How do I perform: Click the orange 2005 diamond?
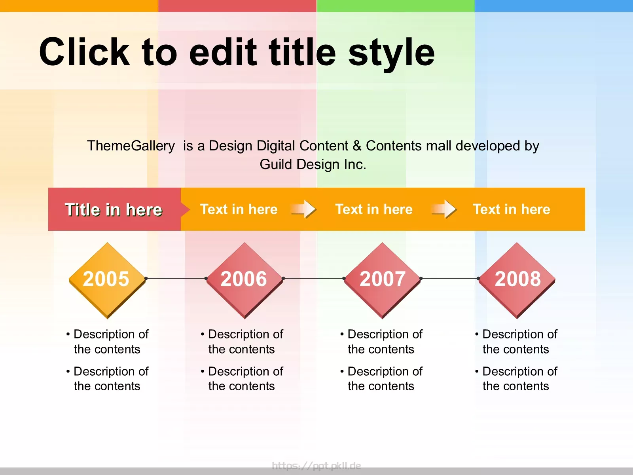pyautogui.click(x=107, y=280)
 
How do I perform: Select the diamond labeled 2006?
pyautogui.click(x=244, y=280)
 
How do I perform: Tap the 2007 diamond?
pyautogui.click(x=383, y=280)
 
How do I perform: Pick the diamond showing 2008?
pyautogui.click(x=517, y=280)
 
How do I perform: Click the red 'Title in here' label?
pyautogui.click(x=114, y=209)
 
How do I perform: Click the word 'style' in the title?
pyautogui.click(x=391, y=54)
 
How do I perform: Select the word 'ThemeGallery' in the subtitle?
pyautogui.click(x=131, y=146)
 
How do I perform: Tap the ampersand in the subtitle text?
pyautogui.click(x=357, y=146)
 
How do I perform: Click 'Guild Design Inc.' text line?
pyautogui.click(x=313, y=164)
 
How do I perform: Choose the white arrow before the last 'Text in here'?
pyautogui.click(x=444, y=209)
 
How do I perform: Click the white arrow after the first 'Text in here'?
pyautogui.click(x=304, y=209)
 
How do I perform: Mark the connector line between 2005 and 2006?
pyautogui.click(x=176, y=278)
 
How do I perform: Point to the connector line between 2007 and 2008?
pyautogui.click(x=449, y=278)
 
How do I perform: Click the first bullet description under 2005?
pyautogui.click(x=107, y=342)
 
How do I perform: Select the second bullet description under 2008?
pyautogui.click(x=516, y=378)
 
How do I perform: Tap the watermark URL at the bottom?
pyautogui.click(x=316, y=465)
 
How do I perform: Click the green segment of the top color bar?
pyautogui.click(x=396, y=6)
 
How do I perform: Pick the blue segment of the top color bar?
pyautogui.click(x=554, y=6)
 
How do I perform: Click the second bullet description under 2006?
pyautogui.click(x=242, y=378)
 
